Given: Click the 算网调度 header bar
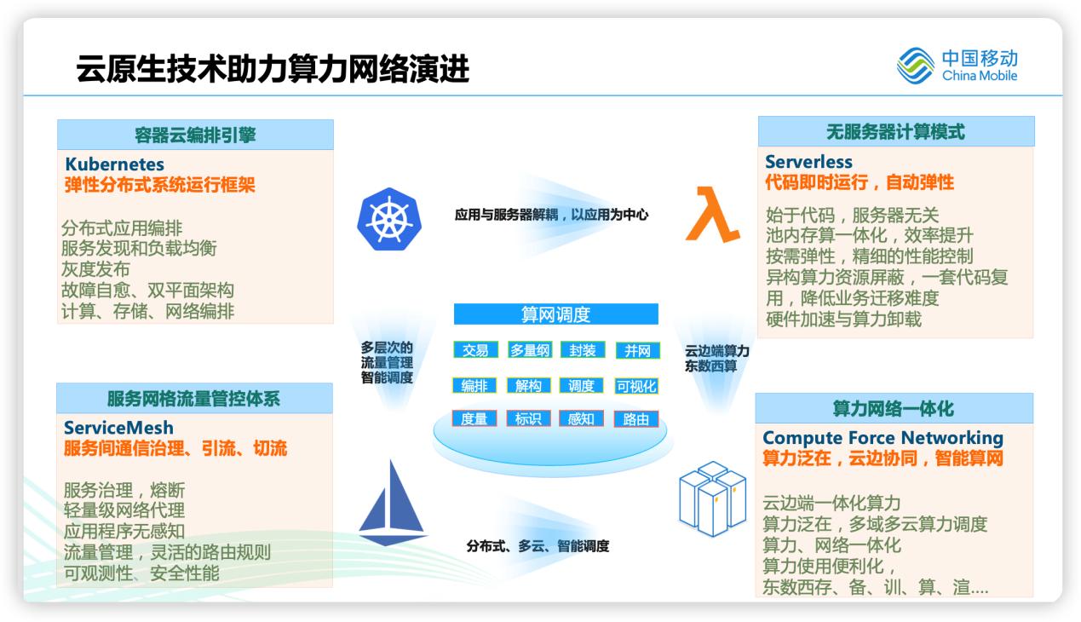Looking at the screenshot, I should (555, 314).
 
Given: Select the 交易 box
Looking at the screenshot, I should (475, 350).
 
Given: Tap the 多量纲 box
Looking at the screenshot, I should (531, 350).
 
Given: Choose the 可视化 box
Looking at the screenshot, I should (636, 386).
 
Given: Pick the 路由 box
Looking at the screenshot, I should (636, 418).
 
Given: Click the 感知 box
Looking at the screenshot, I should (581, 418).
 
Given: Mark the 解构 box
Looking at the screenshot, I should (529, 386).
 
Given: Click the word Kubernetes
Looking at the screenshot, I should (114, 164).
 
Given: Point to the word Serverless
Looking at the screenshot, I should (808, 162).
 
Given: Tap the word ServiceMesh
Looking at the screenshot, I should (118, 428).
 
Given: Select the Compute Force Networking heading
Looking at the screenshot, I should (883, 438).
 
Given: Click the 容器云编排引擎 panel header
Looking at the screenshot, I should (195, 135).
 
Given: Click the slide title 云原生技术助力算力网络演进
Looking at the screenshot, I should (273, 68).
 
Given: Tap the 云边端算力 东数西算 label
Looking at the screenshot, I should (717, 358).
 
